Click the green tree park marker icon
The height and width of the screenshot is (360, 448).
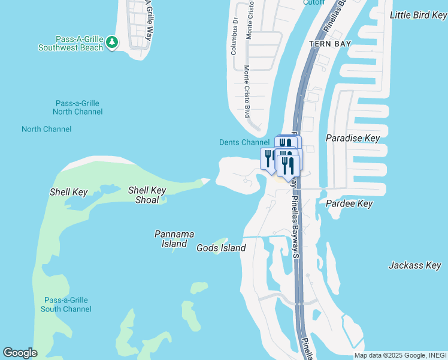point(112,43)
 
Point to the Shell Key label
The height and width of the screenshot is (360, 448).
point(69,193)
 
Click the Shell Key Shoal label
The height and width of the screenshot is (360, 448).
point(147,195)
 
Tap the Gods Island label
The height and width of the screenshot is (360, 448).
point(221,248)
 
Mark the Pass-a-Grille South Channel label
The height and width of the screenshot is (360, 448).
point(66,305)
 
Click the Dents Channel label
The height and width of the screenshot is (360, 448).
point(244,142)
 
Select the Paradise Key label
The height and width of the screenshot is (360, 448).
point(353,138)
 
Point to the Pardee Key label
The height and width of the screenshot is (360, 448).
point(349,204)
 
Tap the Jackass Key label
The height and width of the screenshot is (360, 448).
point(414,265)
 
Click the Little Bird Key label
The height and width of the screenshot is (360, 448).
point(417,15)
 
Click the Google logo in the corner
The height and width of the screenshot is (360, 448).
point(20,353)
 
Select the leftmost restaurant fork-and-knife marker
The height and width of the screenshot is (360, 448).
point(268,158)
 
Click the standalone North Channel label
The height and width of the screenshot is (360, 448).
point(47,129)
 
